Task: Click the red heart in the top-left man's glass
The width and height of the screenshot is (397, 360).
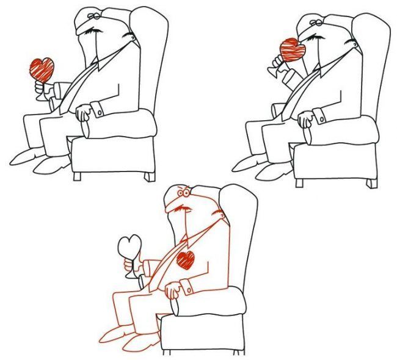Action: [42, 69]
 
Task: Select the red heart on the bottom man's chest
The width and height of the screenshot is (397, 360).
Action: [186, 259]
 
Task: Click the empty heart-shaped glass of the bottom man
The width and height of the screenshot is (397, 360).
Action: [131, 247]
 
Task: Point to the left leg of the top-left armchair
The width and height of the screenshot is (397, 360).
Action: [77, 176]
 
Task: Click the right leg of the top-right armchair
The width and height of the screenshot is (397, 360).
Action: [371, 181]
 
